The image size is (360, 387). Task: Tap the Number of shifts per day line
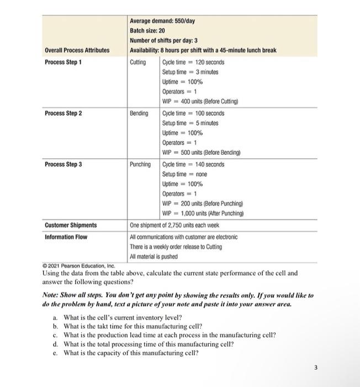(165, 40)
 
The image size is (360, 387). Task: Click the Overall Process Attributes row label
(77, 50)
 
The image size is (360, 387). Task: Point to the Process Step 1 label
(63, 62)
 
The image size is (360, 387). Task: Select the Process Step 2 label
(63, 113)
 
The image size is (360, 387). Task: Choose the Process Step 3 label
(63, 164)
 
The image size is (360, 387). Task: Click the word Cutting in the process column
(138, 62)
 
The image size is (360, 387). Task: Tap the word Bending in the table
(139, 113)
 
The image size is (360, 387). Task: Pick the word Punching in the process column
(140, 164)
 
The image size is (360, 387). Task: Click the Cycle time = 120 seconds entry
(193, 62)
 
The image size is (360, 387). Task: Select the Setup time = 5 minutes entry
(190, 123)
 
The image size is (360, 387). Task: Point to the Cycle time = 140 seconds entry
(193, 164)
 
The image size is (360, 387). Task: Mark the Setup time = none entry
(184, 174)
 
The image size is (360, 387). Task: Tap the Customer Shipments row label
(70, 226)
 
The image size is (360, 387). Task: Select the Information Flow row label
(66, 237)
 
